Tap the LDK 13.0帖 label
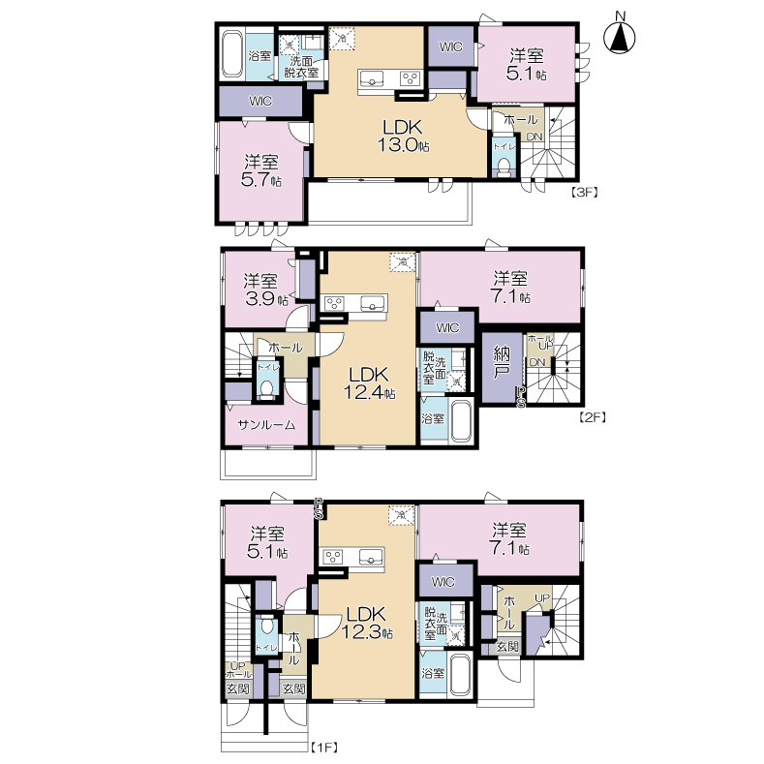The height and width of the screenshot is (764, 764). click(403, 136)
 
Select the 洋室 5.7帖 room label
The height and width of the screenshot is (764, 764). click(261, 170)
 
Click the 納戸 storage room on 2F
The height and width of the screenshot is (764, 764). click(502, 367)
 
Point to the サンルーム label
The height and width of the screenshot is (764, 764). click(266, 425)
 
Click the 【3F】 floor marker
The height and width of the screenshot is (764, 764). click(584, 192)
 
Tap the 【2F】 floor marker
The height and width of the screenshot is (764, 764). click(592, 417)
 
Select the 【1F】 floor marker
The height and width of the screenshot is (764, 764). click(324, 747)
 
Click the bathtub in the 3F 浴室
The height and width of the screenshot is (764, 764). click(231, 54)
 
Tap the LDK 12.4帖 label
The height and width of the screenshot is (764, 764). click(368, 383)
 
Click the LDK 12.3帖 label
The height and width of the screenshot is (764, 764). click(366, 624)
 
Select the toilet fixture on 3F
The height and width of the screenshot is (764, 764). click(503, 166)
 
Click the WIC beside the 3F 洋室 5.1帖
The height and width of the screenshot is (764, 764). click(450, 46)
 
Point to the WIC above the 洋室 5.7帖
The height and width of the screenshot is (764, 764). click(260, 102)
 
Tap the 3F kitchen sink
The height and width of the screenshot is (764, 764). click(372, 79)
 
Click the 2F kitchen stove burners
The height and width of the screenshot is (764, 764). click(335, 303)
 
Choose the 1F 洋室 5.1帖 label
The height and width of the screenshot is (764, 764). click(267, 543)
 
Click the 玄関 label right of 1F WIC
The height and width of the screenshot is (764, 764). click(508, 646)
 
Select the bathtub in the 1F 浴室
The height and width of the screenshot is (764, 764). click(460, 675)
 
